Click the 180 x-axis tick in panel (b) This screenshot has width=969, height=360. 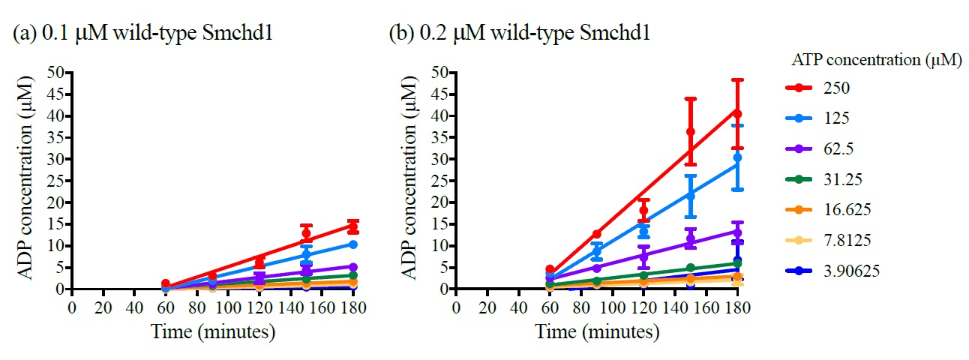[x=737, y=307]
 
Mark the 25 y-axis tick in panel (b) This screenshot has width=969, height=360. [x=443, y=181]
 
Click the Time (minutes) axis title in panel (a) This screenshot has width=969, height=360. [x=211, y=331]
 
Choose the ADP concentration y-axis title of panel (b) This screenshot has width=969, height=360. [x=415, y=180]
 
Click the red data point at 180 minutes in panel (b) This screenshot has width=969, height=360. [x=737, y=113]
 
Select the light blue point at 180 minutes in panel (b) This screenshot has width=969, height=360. [x=737, y=157]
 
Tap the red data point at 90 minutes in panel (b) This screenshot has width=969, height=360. [x=597, y=234]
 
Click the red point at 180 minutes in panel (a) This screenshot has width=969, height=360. [x=352, y=226]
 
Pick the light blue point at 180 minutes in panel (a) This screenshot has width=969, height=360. [x=352, y=244]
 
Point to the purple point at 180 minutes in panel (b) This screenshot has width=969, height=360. [x=737, y=232]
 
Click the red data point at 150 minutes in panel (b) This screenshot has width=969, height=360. [x=691, y=132]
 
